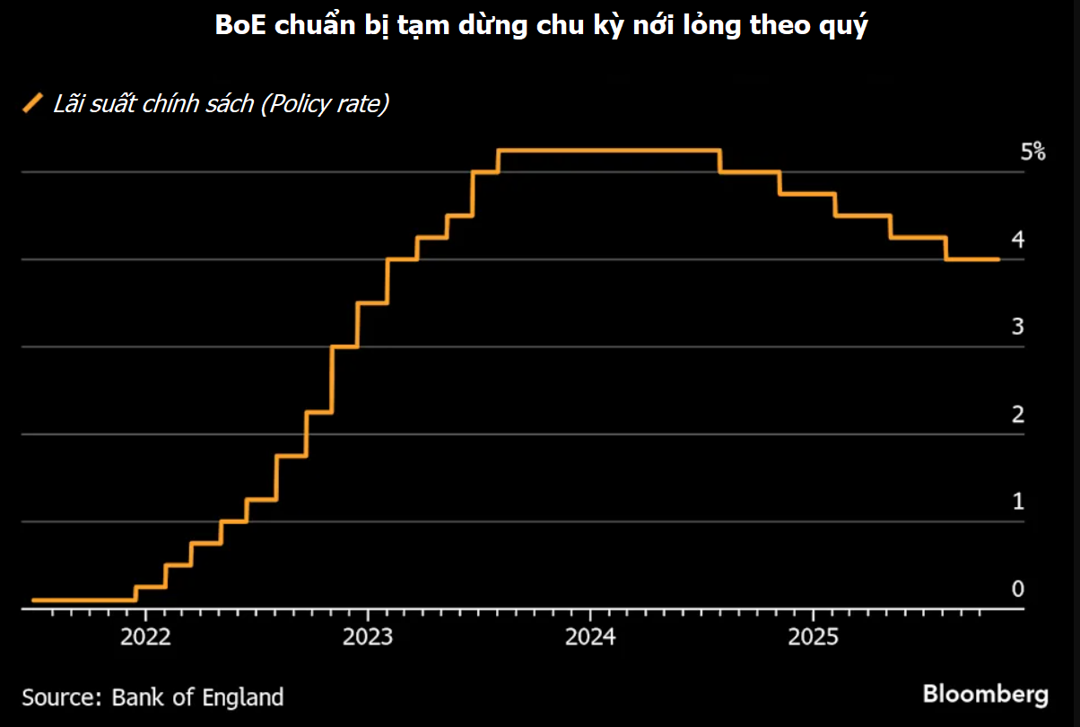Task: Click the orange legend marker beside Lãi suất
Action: tap(33, 103)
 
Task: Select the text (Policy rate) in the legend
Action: tap(324, 104)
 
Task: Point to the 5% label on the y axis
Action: tap(1032, 152)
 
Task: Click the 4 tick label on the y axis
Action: tap(1017, 240)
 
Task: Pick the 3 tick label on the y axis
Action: tap(1017, 327)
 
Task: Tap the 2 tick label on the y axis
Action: tap(1017, 415)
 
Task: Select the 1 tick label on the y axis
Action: tap(1017, 502)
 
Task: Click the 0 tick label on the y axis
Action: tap(1017, 590)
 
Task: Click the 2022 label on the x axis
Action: tap(145, 638)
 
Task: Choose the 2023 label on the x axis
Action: tap(368, 638)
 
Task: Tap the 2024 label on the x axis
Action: tap(590, 638)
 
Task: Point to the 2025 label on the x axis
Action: tap(813, 638)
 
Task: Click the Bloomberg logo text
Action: tap(985, 695)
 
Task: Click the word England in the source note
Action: tap(245, 697)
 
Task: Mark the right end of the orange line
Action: tap(998, 259)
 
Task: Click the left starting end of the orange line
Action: tap(34, 600)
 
